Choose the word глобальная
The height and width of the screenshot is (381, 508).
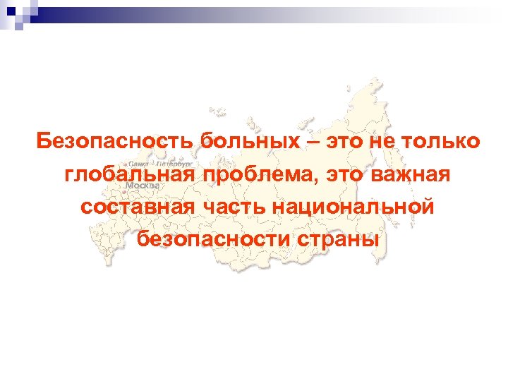coord(126,174)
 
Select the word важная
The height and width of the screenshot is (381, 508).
coord(410,174)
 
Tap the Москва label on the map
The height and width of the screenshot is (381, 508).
coord(143,185)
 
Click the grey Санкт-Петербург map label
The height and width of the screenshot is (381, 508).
coord(151,162)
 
